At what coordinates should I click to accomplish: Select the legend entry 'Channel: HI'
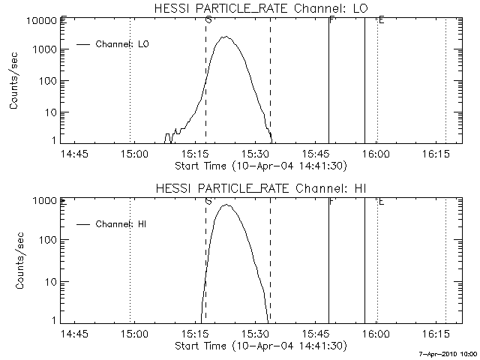pos(121,224)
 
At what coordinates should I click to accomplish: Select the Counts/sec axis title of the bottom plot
pos(14,261)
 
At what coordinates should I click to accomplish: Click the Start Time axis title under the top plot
pos(259,165)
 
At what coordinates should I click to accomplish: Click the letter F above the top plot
pos(331,19)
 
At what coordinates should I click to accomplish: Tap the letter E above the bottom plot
pos(381,200)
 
